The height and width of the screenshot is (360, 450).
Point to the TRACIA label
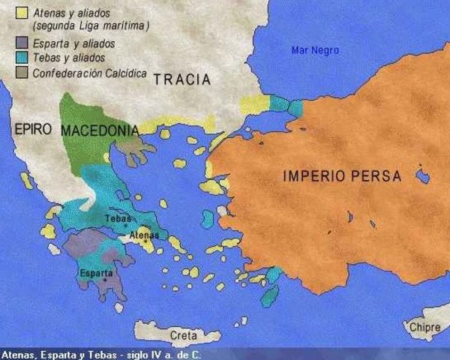point(181,80)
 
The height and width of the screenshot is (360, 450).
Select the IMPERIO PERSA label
point(342,177)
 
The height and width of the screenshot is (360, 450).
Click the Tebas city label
point(118,218)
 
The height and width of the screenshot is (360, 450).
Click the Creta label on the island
point(184,334)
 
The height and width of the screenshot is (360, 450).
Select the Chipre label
point(425,327)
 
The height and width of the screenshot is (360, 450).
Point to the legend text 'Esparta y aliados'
point(73,43)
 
